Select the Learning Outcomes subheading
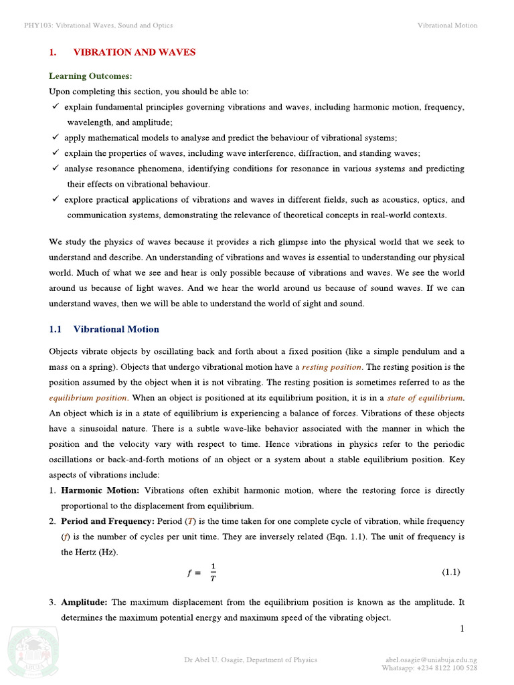point(90,77)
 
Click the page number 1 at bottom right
point(462,629)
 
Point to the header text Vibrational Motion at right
point(447,25)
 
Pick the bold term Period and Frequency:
point(107,521)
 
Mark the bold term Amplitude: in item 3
point(84,602)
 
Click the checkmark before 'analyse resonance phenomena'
point(55,169)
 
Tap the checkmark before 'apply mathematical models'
point(55,138)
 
